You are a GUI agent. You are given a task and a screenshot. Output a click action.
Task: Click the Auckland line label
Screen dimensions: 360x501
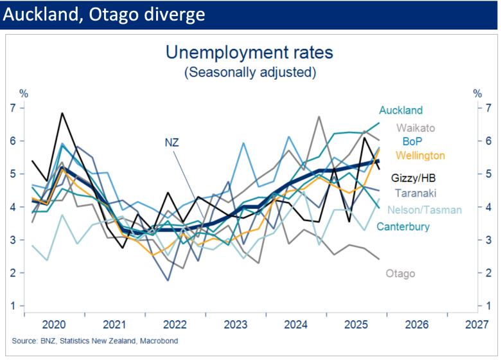click(401, 111)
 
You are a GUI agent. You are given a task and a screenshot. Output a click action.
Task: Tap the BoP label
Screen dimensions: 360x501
click(413, 141)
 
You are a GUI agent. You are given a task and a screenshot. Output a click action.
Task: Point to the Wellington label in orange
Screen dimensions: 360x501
click(421, 156)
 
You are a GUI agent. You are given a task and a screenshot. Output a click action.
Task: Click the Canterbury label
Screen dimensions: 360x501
click(403, 226)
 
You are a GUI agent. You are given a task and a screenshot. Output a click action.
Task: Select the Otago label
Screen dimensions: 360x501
click(400, 274)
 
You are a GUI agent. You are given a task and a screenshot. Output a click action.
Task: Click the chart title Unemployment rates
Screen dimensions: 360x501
click(250, 53)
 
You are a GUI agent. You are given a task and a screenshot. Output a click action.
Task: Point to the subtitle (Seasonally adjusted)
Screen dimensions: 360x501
click(250, 72)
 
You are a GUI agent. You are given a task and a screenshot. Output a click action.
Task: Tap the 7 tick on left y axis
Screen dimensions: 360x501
click(13, 107)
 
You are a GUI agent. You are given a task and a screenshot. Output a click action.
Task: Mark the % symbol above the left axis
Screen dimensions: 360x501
click(24, 94)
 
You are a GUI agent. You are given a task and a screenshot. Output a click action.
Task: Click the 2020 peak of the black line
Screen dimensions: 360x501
click(62, 113)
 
